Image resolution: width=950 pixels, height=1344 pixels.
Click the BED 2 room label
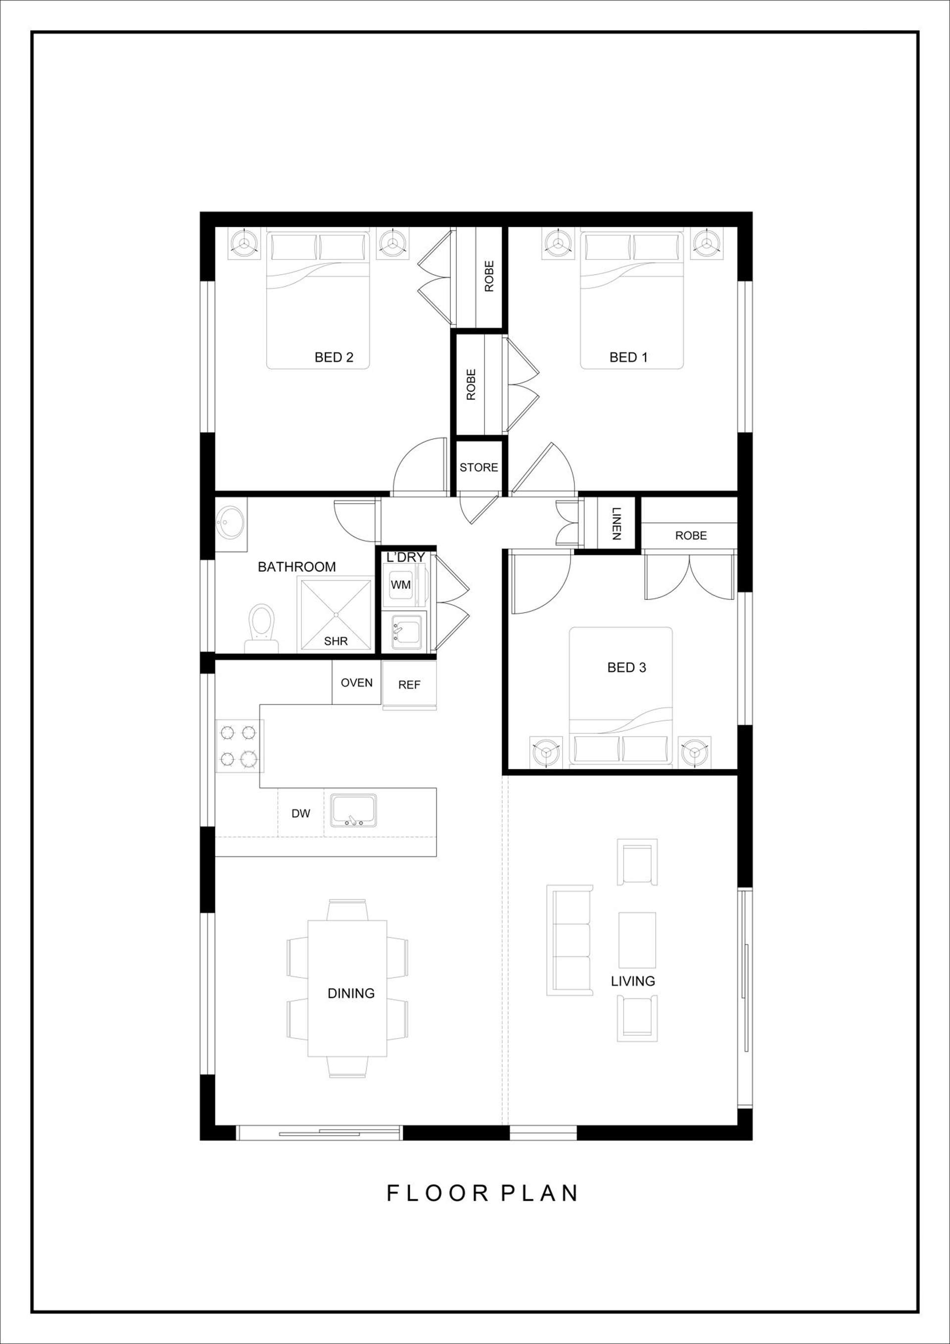(x=333, y=357)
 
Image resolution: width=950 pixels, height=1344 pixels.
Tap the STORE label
(x=478, y=467)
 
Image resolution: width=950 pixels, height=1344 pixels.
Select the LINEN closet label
(x=616, y=524)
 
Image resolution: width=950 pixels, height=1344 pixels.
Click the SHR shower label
(x=336, y=641)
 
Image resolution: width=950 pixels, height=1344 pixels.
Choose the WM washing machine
(x=401, y=584)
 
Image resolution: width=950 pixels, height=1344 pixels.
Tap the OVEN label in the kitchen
(x=356, y=683)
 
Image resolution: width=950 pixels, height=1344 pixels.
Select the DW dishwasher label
(x=301, y=813)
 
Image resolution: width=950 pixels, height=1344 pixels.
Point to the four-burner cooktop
(x=238, y=745)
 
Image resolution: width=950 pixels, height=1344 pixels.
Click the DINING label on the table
(x=351, y=993)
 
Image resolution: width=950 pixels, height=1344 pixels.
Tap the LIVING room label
(x=633, y=981)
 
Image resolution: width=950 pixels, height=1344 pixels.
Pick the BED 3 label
(x=626, y=667)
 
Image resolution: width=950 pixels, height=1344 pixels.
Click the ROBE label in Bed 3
(x=691, y=536)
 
